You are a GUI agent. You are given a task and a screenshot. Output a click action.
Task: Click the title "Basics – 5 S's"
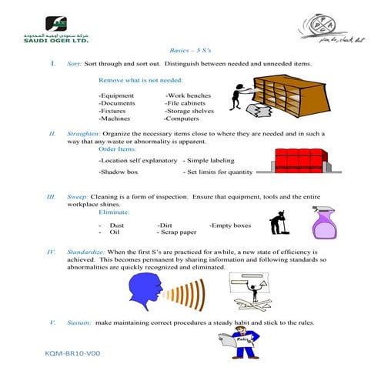(189, 48)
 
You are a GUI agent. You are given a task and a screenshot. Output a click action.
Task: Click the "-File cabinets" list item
(188, 102)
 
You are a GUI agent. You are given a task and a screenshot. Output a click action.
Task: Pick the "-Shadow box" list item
(119, 172)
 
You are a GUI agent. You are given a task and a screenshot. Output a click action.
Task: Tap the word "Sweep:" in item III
(79, 197)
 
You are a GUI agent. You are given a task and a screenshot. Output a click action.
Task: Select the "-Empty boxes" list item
(230, 225)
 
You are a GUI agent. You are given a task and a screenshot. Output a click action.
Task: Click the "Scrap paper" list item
(177, 231)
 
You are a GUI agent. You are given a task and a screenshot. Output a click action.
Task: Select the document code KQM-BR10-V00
(74, 371)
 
